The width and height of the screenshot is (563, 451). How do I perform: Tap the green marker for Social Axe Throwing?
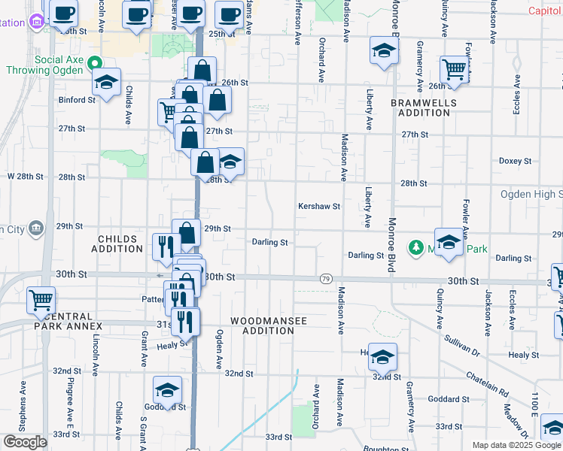(94, 63)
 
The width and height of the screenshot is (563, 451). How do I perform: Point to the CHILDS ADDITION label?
(117, 244)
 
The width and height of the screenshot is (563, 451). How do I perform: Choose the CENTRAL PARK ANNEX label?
(68, 321)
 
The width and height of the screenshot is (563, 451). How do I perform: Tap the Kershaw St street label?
(319, 206)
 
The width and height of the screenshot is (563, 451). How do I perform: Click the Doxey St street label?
(515, 161)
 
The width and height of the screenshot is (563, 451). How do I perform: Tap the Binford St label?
(74, 99)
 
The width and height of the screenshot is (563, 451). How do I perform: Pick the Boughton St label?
(384, 449)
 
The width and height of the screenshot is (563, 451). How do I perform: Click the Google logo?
(25, 442)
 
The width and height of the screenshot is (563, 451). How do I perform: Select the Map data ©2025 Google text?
(516, 445)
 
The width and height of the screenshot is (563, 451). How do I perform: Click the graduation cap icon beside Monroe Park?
(449, 242)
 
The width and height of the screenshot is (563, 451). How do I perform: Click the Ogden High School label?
(531, 194)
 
